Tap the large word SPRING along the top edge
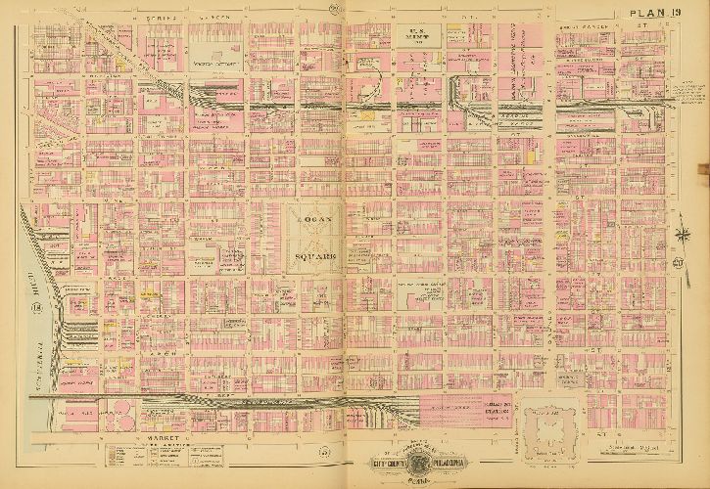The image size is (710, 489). (x=160, y=17)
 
